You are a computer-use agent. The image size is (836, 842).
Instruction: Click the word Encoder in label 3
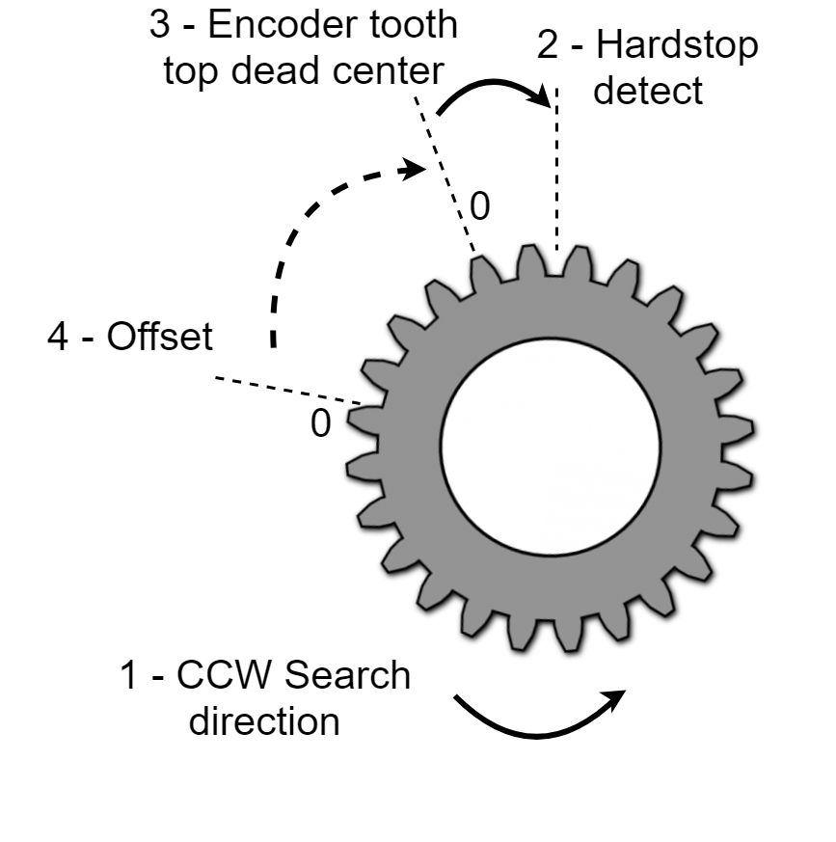pos(271,26)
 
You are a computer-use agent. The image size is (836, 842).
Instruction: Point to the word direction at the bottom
pos(263,720)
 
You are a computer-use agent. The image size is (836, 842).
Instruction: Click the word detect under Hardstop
pos(649,92)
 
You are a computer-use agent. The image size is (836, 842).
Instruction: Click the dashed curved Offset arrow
pos(309,222)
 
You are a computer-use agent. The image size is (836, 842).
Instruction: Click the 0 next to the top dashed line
pos(479,205)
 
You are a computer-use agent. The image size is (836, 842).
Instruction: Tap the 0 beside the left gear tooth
pos(320,424)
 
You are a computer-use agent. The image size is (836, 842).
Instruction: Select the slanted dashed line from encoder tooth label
pos(445,174)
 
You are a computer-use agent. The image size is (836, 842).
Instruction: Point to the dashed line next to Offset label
pos(289,390)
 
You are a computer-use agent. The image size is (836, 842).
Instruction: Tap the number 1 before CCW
pos(129,676)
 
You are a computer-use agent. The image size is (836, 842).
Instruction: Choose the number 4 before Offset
pos(59,338)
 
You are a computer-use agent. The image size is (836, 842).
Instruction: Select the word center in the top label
pos(385,71)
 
